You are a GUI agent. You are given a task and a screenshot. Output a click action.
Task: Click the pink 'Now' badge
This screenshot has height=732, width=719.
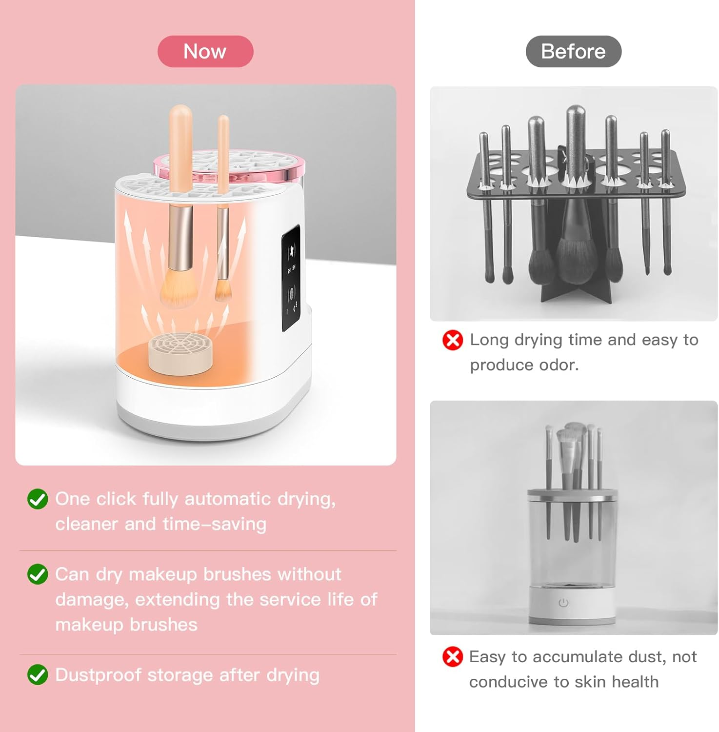pos(205,51)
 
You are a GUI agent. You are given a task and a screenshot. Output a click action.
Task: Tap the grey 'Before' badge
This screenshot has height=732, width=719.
pos(573,51)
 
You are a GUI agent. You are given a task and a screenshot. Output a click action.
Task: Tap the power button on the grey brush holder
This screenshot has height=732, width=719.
pos(563,603)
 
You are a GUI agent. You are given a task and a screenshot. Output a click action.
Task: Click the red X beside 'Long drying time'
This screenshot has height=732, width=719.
pos(453,340)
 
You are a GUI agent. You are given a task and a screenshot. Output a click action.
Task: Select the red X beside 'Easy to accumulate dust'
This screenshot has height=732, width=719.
pos(453,657)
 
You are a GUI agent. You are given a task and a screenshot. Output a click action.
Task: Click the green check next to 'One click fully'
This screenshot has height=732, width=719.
pos(38,499)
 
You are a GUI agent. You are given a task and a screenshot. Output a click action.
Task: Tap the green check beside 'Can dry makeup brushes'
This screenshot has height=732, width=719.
pos(38,574)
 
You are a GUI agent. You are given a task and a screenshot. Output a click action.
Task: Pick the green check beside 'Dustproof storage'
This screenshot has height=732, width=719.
pos(38,675)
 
